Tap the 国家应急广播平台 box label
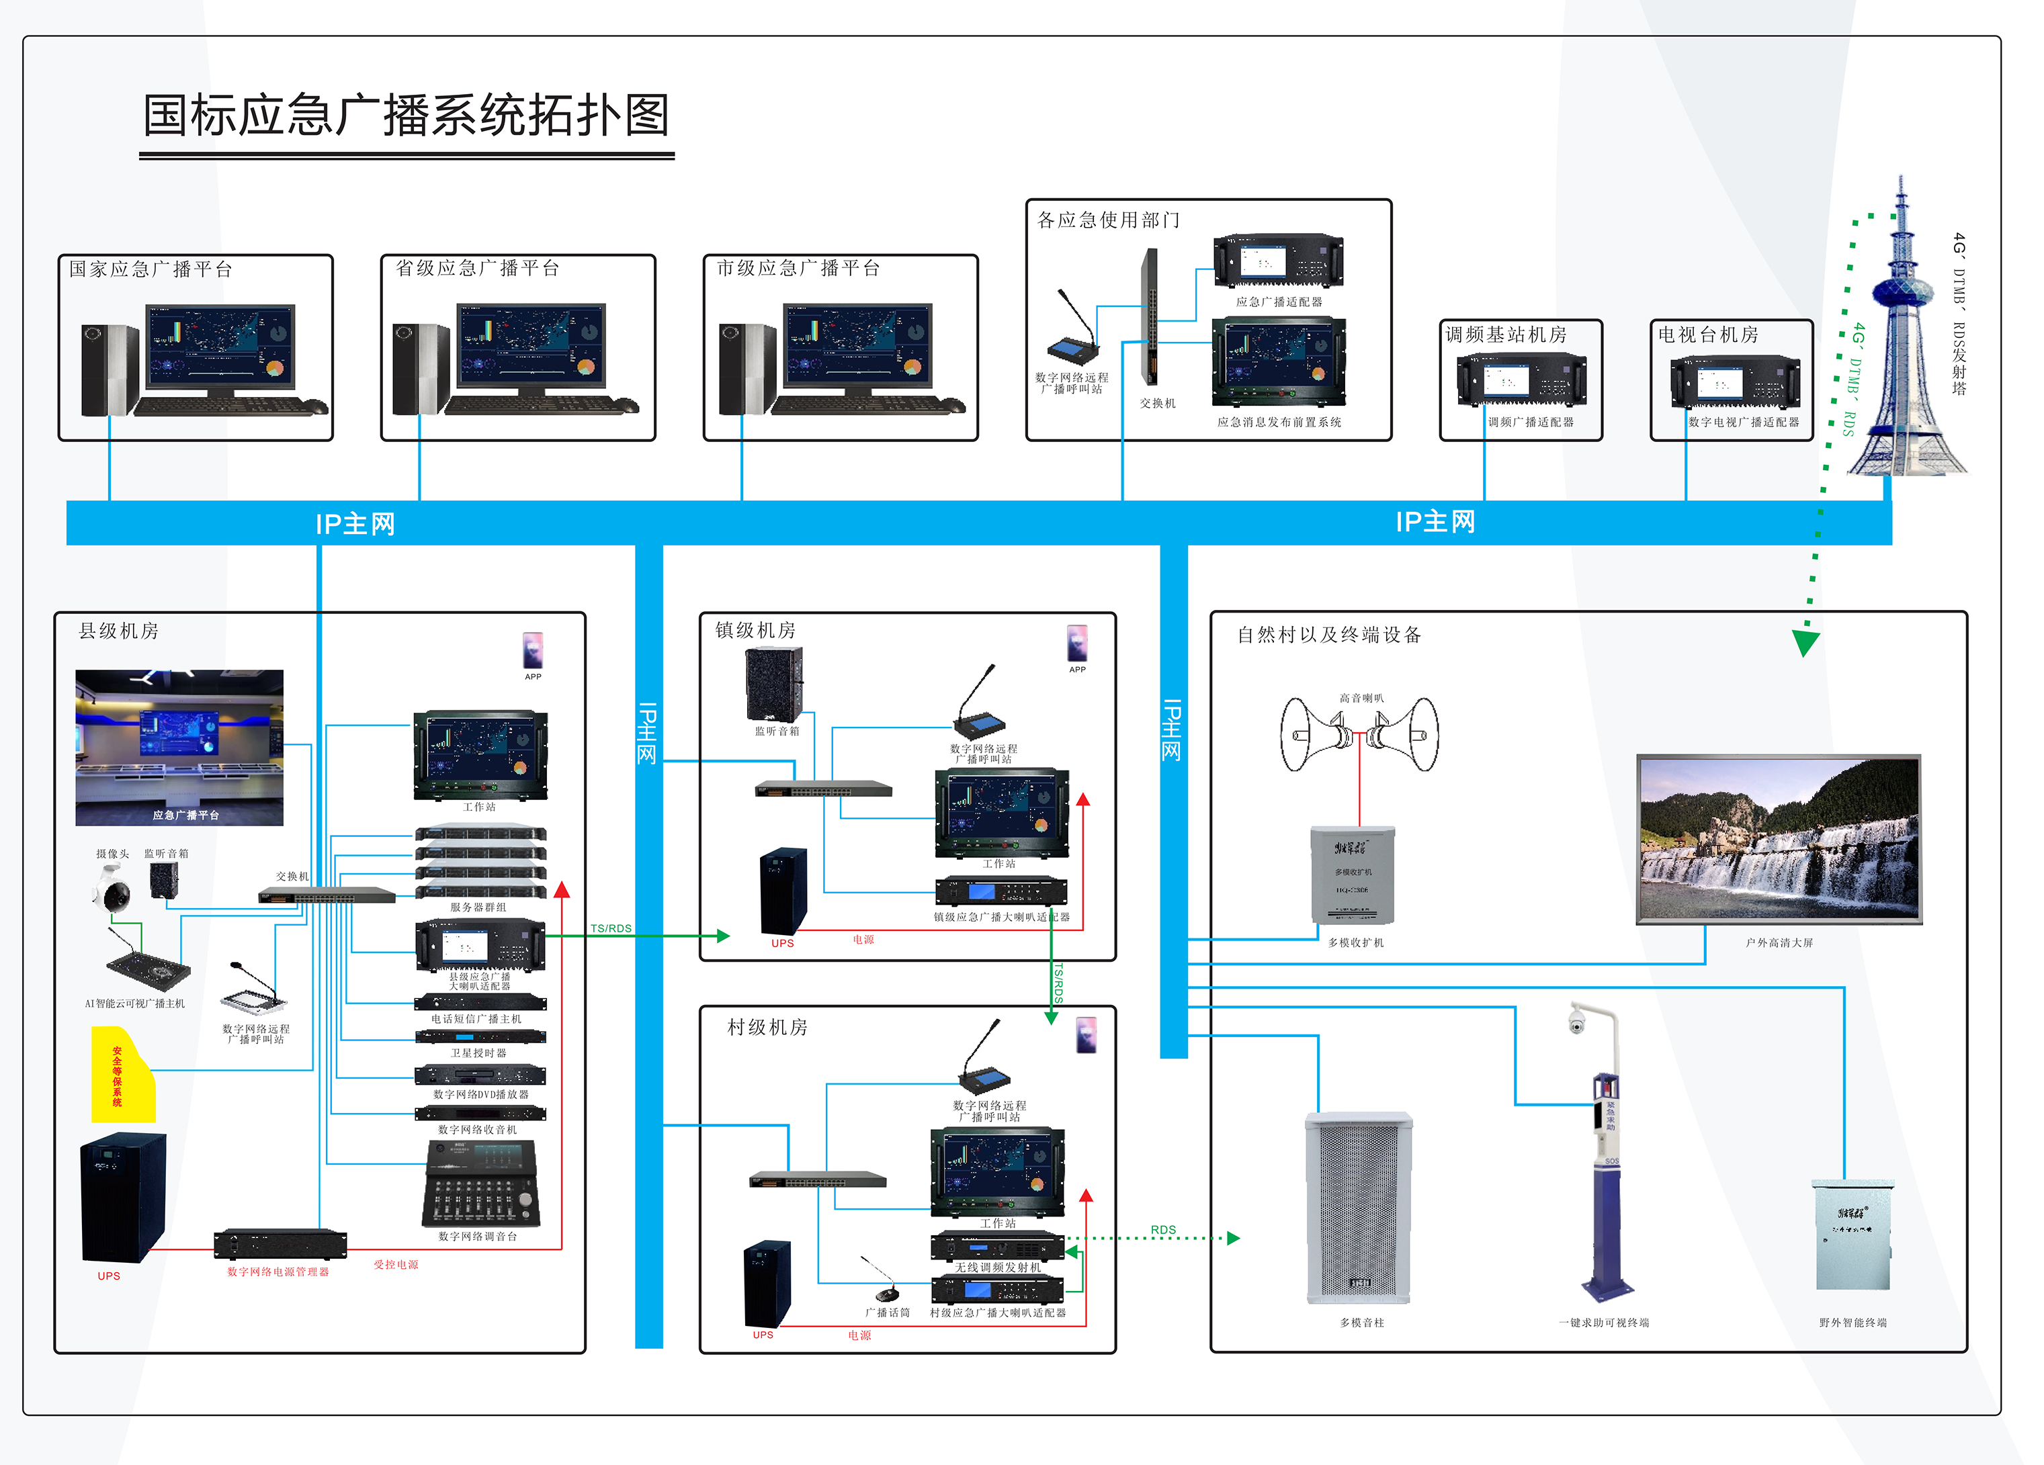click(151, 269)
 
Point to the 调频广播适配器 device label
click(1529, 422)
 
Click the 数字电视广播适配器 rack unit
click(1735, 382)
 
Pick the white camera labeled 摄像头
click(113, 887)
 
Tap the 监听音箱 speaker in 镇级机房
click(773, 684)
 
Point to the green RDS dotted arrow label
click(1162, 1229)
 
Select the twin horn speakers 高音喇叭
click(1359, 734)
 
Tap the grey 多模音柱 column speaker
click(1359, 1207)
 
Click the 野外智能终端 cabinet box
click(1852, 1235)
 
